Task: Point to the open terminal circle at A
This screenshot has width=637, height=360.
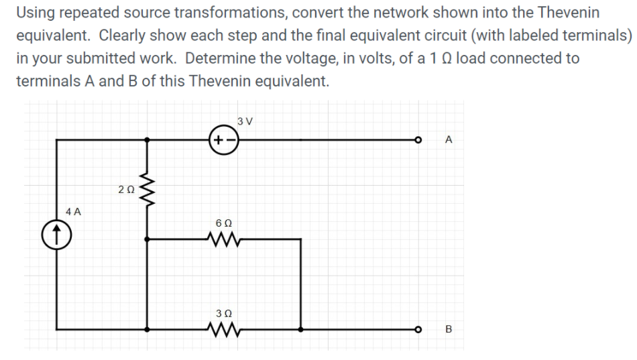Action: (418, 140)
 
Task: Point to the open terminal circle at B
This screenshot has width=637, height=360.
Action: (418, 329)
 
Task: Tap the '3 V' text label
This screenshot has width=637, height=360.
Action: (245, 121)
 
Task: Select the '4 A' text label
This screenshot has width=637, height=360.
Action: (74, 211)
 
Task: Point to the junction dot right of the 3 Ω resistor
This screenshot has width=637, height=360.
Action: (301, 329)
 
